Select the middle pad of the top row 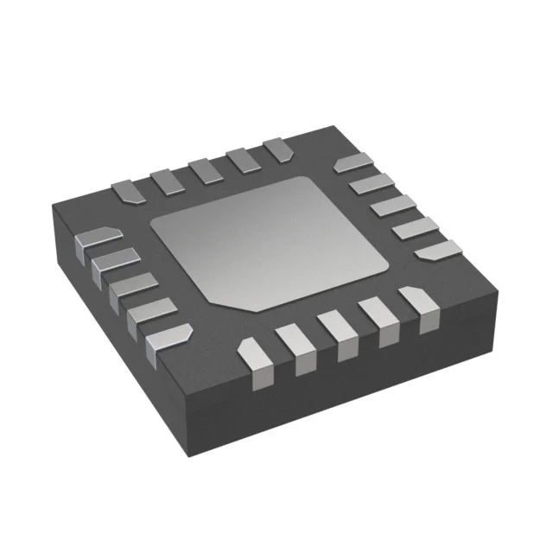point(205,168)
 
